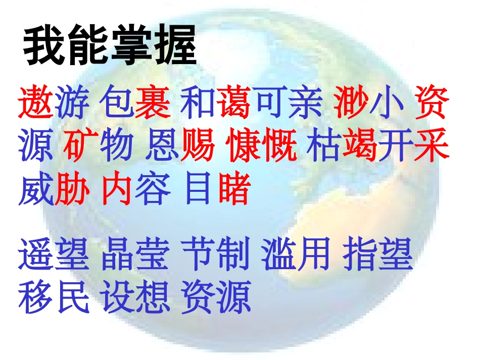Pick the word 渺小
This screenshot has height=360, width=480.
[369, 102]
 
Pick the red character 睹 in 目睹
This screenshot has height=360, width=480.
[235, 189]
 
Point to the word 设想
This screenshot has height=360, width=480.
[135, 297]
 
